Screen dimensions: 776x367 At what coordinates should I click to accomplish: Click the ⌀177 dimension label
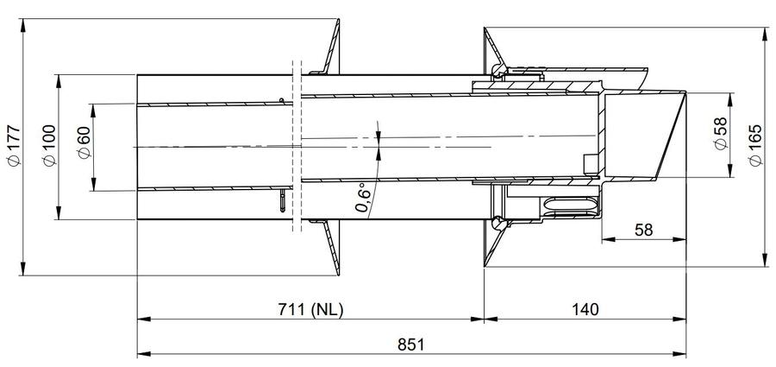15,146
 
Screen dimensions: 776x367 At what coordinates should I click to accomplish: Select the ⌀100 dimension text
49,145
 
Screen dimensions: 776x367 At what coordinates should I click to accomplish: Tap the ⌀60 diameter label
84,142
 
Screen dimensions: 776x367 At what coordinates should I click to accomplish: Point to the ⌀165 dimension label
755,146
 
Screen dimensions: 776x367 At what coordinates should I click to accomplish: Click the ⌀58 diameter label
721,133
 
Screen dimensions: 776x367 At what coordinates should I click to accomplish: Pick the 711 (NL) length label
310,309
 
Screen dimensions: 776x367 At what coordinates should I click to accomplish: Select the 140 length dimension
585,309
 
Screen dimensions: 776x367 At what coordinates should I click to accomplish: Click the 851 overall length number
411,345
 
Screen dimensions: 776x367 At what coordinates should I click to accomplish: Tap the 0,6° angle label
363,198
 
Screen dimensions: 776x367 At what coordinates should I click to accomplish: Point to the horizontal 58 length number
643,230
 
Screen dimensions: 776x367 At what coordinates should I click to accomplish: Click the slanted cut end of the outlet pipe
671,135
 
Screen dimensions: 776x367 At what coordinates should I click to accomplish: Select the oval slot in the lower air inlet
571,205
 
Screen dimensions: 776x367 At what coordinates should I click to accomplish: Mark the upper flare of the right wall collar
493,49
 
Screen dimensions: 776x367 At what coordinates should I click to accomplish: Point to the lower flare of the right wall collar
493,244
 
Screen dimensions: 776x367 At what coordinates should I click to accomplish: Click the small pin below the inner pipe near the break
283,199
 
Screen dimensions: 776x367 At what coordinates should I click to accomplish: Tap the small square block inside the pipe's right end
591,164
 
